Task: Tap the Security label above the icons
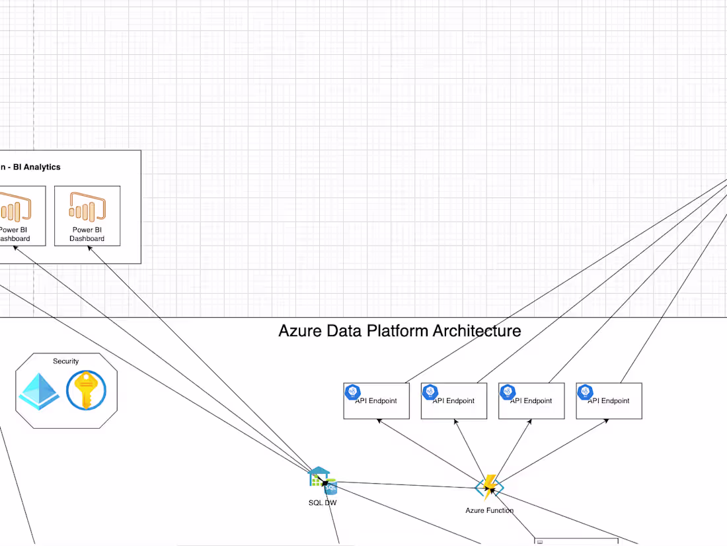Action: pyautogui.click(x=65, y=361)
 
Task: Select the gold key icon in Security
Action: pyautogui.click(x=86, y=390)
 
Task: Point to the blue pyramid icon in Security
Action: pyautogui.click(x=38, y=390)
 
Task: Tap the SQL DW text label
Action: pyautogui.click(x=323, y=503)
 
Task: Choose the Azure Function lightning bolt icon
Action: pyautogui.click(x=489, y=487)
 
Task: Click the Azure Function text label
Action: pyautogui.click(x=489, y=510)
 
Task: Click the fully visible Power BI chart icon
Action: pyautogui.click(x=87, y=206)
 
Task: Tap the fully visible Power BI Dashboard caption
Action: pyautogui.click(x=87, y=234)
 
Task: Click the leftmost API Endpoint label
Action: pyautogui.click(x=376, y=401)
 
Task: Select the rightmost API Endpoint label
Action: pyautogui.click(x=609, y=401)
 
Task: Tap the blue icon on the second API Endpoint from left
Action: pyautogui.click(x=431, y=392)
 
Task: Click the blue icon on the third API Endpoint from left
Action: pyautogui.click(x=508, y=392)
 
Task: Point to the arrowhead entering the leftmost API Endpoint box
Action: pyautogui.click(x=379, y=421)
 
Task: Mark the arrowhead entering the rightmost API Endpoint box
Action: pyautogui.click(x=606, y=421)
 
